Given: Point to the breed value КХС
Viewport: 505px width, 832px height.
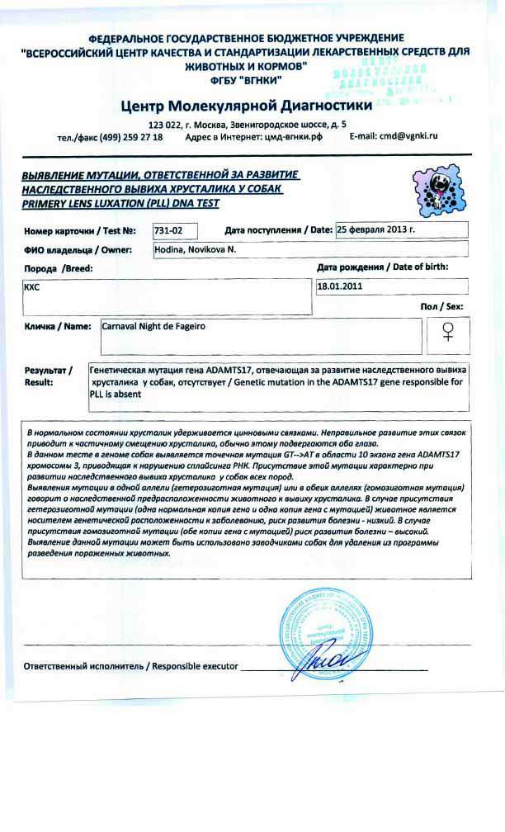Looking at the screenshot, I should (x=34, y=288).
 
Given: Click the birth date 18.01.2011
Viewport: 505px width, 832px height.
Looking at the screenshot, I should (x=340, y=287).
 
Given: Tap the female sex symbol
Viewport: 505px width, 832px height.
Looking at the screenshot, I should (x=448, y=331).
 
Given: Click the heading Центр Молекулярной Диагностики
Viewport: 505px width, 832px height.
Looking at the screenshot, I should (x=246, y=106).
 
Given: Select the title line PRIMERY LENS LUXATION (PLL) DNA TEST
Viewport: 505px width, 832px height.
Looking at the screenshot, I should (x=120, y=201).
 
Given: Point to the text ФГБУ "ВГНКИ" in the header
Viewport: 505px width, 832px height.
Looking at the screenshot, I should (x=245, y=79).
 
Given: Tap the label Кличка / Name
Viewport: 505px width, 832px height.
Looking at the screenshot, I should (x=57, y=327).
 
